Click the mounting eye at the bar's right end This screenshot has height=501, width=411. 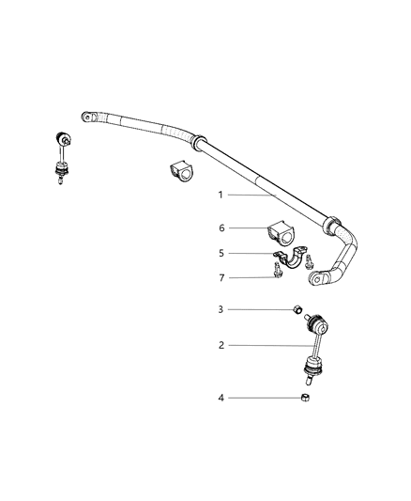(x=325, y=278)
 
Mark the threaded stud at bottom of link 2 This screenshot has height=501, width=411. (x=307, y=381)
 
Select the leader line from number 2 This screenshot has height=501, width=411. (x=267, y=345)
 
